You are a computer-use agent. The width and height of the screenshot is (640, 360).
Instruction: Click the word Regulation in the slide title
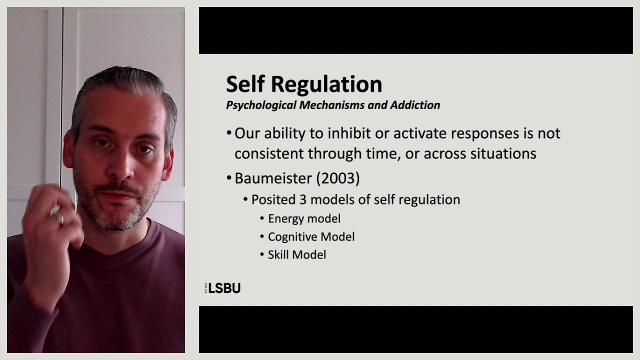pyautogui.click(x=326, y=85)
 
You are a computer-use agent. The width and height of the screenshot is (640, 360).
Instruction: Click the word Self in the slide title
pyautogui.click(x=245, y=84)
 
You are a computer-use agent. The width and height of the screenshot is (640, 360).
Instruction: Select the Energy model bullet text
pyautogui.click(x=304, y=218)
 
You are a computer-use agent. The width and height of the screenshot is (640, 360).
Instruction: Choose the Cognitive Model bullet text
pyautogui.click(x=311, y=236)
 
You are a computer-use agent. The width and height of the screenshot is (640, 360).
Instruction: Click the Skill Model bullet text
pyautogui.click(x=297, y=254)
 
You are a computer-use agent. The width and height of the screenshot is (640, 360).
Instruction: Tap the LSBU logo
pyautogui.click(x=223, y=288)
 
